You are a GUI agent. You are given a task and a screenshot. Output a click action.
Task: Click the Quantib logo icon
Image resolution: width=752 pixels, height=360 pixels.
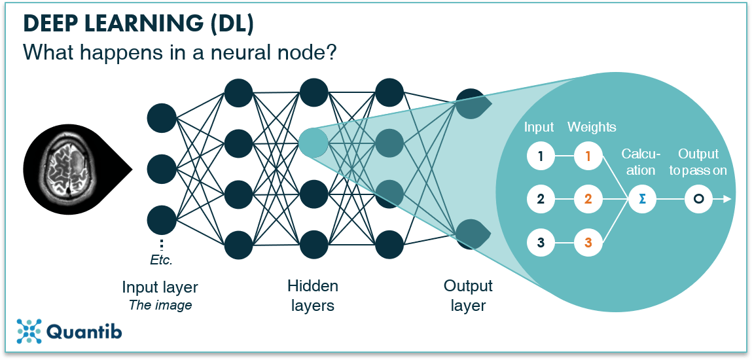tap(29, 331)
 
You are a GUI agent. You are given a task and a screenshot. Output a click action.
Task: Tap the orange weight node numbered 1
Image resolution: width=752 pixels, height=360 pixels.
tap(588, 156)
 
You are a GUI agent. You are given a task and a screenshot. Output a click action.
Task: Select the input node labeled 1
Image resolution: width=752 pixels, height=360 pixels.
tap(541, 156)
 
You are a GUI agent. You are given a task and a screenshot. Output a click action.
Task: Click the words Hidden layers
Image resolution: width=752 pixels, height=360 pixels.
tap(313, 295)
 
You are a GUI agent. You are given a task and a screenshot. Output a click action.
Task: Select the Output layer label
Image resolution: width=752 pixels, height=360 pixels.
tap(468, 295)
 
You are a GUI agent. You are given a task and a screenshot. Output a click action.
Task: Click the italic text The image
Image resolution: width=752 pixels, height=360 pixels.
tap(160, 304)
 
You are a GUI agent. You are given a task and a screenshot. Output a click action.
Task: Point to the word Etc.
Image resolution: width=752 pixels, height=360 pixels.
tap(161, 260)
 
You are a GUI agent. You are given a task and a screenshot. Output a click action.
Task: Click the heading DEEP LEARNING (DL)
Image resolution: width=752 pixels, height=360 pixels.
tap(139, 24)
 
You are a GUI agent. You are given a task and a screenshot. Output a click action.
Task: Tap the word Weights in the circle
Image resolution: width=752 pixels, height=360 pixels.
tap(592, 127)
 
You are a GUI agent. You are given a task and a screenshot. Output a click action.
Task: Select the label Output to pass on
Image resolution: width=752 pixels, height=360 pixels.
tap(698, 162)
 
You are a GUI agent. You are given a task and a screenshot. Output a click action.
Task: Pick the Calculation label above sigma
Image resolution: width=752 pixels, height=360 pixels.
tap(641, 162)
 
